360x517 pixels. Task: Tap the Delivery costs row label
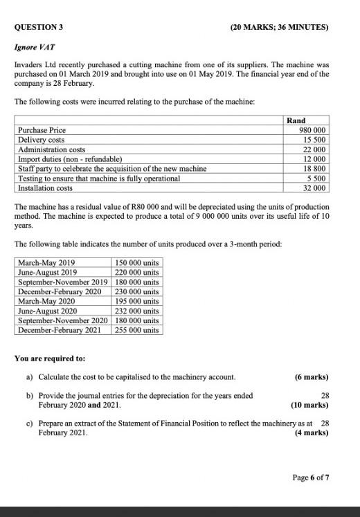pyautogui.click(x=41, y=140)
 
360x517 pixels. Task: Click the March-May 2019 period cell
pyautogui.click(x=47, y=262)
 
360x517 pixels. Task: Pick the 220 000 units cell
pyautogui.click(x=136, y=272)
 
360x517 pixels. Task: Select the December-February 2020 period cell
pyautogui.click(x=58, y=291)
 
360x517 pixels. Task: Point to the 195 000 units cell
pyautogui.click(x=136, y=301)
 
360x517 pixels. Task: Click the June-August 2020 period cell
pyautogui.click(x=48, y=311)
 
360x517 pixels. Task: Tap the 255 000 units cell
pyautogui.click(x=136, y=330)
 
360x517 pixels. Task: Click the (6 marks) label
pyautogui.click(x=311, y=377)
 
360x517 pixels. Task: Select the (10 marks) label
pyautogui.click(x=309, y=405)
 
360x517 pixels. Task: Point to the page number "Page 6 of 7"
pyautogui.click(x=311, y=478)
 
